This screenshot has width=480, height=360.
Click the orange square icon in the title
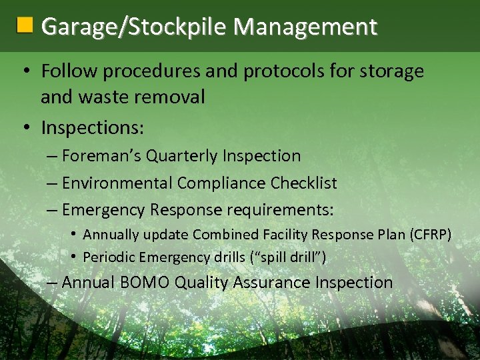point(25,26)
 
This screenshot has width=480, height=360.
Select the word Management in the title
point(305,27)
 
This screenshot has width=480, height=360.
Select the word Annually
point(111,235)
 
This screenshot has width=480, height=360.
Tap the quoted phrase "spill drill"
point(289,257)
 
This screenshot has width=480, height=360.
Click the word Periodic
point(107,257)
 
